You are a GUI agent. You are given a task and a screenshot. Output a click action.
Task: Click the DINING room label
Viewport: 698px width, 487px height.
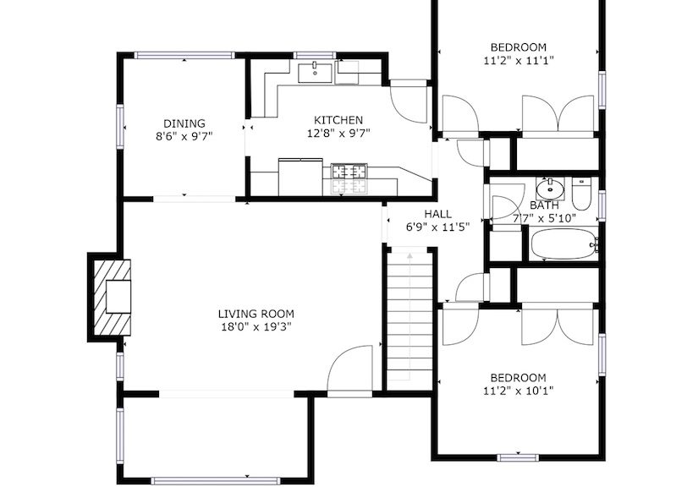click(x=184, y=123)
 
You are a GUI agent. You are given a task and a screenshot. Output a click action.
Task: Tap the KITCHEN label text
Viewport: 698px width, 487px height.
click(x=338, y=120)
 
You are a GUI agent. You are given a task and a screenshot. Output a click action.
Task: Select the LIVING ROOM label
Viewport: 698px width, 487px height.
click(x=256, y=314)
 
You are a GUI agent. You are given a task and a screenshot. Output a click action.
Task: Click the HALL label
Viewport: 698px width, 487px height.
click(x=437, y=214)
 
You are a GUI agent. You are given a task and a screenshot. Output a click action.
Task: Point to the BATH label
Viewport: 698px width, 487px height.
click(x=544, y=205)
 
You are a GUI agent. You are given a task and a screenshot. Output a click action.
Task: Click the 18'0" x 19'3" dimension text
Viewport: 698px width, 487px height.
click(x=256, y=327)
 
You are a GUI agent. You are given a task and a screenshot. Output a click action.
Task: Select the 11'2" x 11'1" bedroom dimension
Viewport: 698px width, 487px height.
click(x=519, y=61)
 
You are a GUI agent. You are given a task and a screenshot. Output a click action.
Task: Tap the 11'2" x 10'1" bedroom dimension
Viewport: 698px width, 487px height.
click(x=519, y=391)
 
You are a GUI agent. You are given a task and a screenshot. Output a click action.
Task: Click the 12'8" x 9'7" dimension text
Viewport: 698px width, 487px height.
click(x=338, y=134)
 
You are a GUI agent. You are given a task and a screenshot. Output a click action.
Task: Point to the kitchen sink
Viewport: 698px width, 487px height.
click(x=315, y=73)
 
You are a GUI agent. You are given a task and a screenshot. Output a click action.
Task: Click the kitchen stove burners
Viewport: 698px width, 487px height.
click(x=349, y=178)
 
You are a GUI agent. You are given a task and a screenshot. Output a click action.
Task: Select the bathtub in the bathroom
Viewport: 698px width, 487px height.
click(x=563, y=243)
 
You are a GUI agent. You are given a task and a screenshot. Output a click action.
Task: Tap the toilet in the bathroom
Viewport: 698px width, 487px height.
click(x=581, y=194)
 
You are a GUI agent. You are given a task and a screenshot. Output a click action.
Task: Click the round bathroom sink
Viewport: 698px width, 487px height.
click(x=550, y=189)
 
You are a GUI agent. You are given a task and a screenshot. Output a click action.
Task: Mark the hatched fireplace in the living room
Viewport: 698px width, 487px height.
click(x=113, y=298)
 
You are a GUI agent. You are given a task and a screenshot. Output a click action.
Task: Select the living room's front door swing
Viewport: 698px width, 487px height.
click(x=349, y=369)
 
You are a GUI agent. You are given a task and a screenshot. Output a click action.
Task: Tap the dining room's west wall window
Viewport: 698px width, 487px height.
click(x=120, y=126)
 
